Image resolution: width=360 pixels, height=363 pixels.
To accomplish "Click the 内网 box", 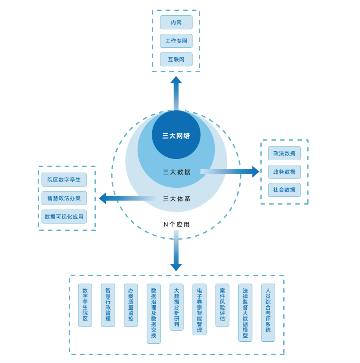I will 176,22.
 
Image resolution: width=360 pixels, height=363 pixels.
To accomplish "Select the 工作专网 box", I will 176,41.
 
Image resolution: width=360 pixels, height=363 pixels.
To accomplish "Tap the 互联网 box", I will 176,59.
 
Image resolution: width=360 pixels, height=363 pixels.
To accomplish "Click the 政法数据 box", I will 284,153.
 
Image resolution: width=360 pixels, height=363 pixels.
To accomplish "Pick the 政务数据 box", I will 284,171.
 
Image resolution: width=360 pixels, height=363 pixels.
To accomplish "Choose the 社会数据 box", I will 284,190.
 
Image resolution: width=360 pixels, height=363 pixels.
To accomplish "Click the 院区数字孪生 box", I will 64,180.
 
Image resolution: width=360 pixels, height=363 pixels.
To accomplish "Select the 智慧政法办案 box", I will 64,198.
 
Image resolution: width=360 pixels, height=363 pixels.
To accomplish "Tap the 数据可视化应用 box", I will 64,217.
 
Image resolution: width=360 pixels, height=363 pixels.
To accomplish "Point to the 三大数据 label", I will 177,172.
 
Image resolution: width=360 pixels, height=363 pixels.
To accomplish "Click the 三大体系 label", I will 177,199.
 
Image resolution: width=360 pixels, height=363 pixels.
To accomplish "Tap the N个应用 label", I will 177,224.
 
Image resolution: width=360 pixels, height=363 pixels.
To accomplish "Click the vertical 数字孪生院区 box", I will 85,305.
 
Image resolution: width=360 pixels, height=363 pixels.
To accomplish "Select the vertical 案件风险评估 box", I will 222,305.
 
